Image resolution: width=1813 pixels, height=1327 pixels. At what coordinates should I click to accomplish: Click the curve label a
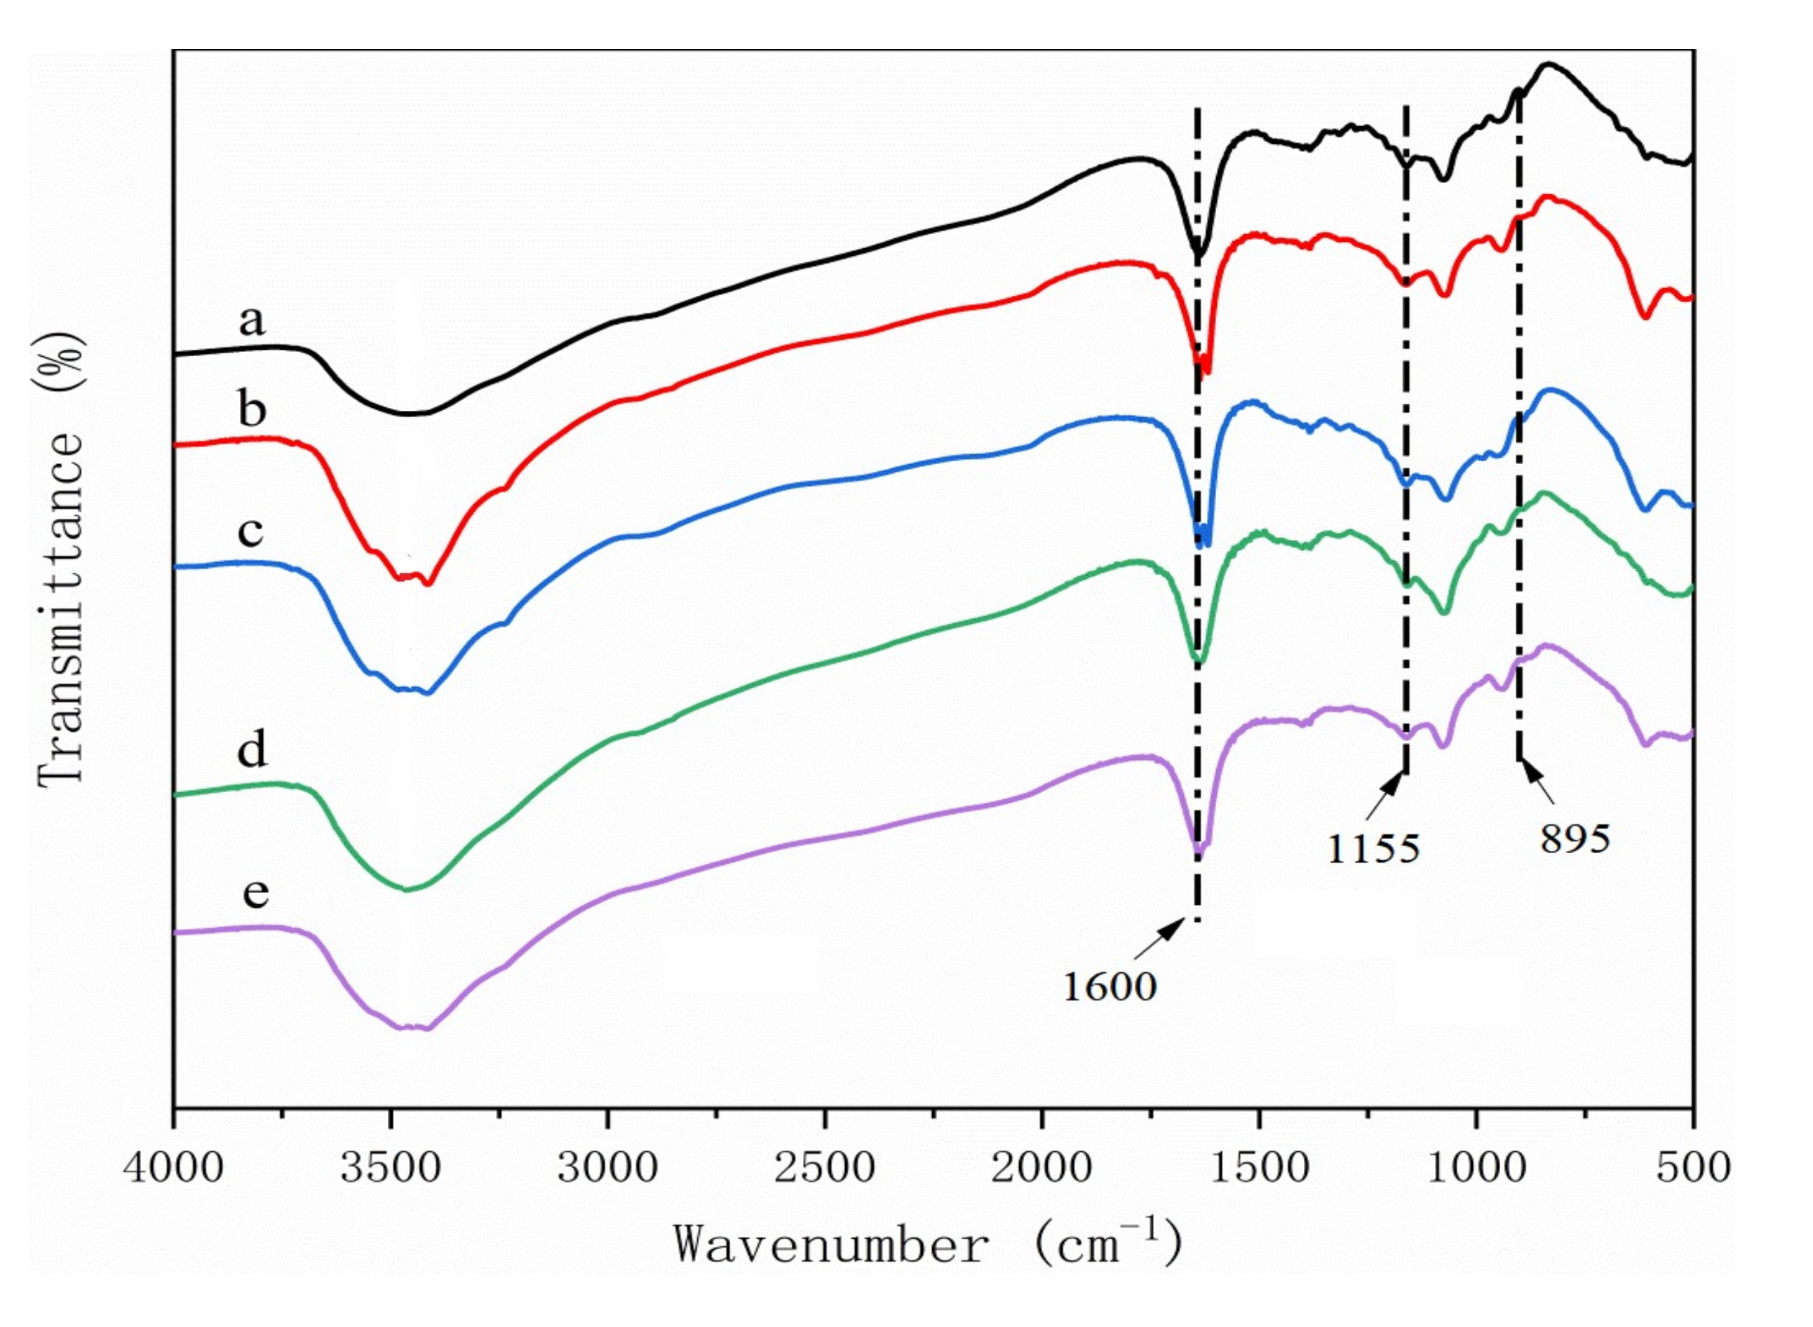point(252,321)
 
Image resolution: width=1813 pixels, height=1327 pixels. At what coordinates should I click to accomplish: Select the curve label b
point(252,409)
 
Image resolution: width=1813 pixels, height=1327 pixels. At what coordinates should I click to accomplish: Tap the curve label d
point(252,750)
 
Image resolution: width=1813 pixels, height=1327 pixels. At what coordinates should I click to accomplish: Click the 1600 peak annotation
point(1109,986)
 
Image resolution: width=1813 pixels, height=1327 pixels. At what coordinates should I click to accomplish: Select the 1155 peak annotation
point(1373,848)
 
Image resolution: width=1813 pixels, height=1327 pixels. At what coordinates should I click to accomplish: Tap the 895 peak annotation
point(1575,838)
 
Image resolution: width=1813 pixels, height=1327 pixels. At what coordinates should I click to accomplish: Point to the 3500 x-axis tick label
point(391,1166)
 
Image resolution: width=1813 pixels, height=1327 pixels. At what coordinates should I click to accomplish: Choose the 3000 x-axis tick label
point(607,1166)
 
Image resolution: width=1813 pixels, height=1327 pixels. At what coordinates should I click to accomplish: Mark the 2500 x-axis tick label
point(825,1166)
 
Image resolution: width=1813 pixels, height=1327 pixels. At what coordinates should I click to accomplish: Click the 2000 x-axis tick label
point(1042,1166)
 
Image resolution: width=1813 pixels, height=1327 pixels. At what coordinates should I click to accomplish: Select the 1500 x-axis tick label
point(1258,1166)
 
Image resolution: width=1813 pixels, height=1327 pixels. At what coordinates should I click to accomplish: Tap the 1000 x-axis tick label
point(1476,1166)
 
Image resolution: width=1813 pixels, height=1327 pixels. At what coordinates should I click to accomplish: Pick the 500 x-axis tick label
point(1693,1166)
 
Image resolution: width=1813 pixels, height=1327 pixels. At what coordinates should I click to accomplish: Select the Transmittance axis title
point(61,558)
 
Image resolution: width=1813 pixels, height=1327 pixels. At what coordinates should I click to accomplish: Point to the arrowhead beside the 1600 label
point(1175,926)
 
